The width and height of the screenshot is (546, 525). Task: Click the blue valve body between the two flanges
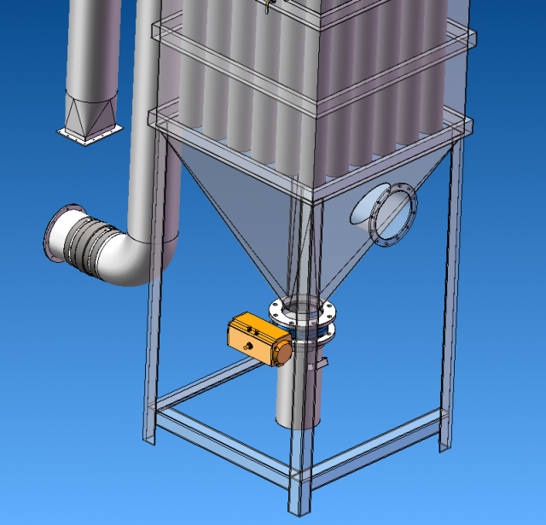(304, 323)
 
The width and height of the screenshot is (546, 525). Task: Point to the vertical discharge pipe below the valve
(295, 393)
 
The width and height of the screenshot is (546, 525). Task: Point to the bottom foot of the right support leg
(444, 444)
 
